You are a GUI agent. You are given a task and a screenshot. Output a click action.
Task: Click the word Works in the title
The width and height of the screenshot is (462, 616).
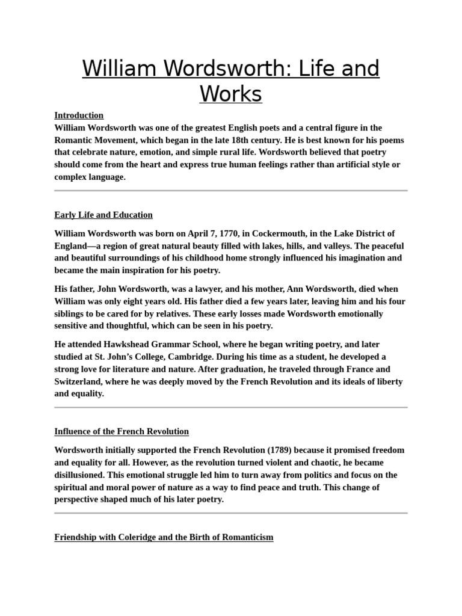(231, 94)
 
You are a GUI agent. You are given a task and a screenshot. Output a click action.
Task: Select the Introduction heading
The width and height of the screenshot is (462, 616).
(79, 115)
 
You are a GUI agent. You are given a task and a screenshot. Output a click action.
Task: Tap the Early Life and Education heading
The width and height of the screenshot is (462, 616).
(103, 215)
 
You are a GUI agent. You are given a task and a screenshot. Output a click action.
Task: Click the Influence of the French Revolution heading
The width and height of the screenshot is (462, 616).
(122, 431)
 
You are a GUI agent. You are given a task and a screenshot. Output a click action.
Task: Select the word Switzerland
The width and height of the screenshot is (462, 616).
(78, 381)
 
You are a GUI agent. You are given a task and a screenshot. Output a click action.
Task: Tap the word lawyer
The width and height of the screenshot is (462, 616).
(192, 289)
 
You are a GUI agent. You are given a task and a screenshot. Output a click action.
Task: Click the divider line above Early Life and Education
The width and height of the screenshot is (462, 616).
(231, 191)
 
